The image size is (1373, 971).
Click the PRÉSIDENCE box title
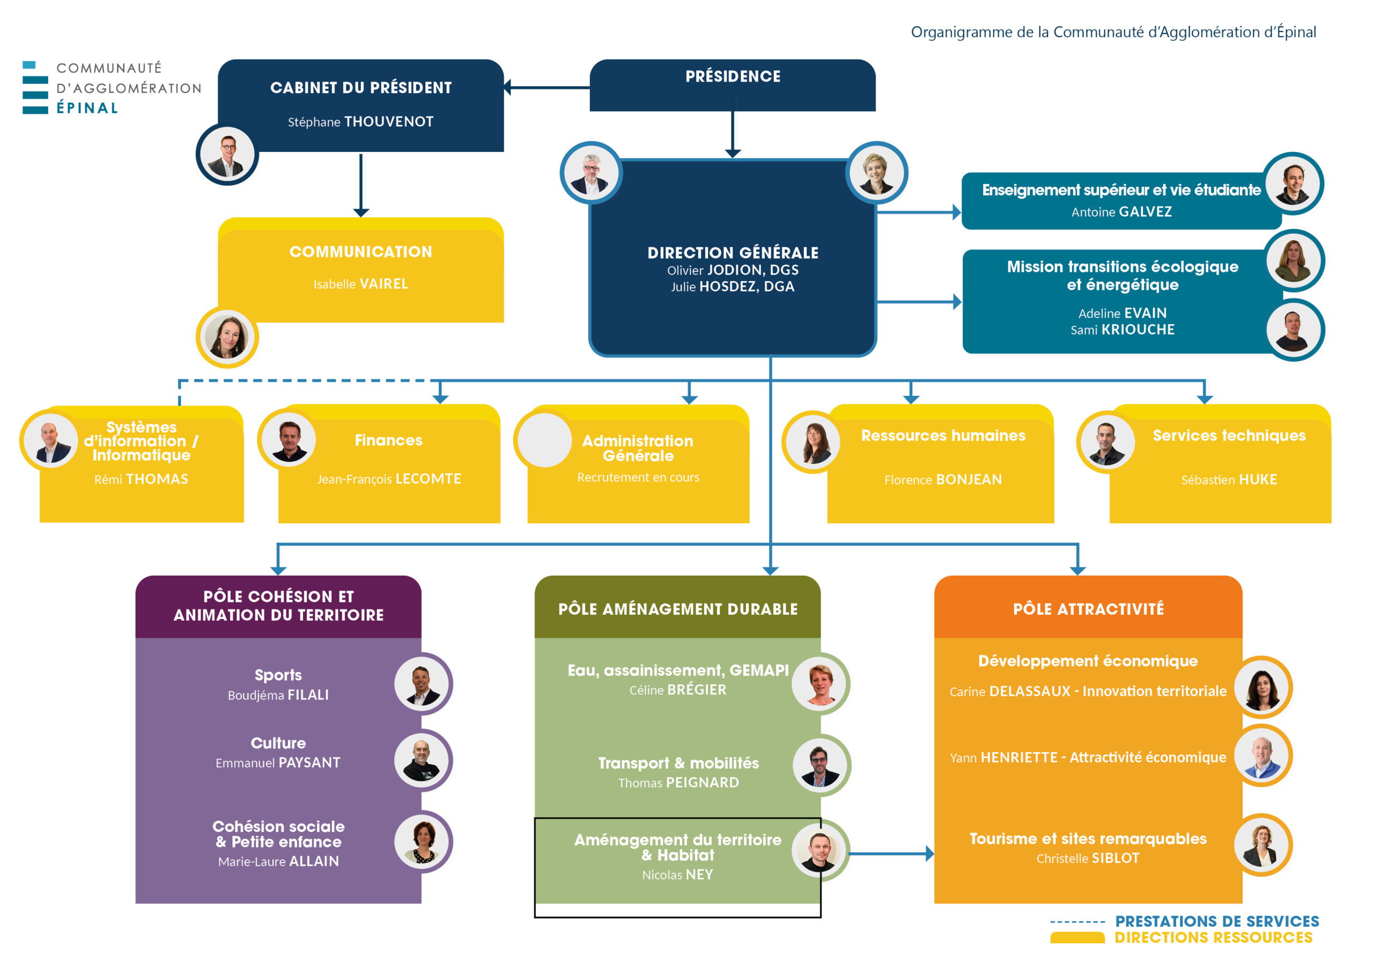click(x=733, y=77)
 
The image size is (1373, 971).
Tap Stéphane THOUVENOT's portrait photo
click(x=227, y=155)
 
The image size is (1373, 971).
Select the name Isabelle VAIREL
click(x=360, y=284)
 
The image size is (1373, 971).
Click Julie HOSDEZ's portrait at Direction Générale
click(x=877, y=172)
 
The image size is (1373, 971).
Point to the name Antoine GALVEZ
click(x=1121, y=212)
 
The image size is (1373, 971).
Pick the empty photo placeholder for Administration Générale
click(x=544, y=440)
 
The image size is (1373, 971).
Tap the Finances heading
click(x=389, y=440)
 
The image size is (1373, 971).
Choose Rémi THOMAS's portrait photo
click(x=50, y=441)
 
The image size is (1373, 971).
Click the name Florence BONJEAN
click(x=943, y=479)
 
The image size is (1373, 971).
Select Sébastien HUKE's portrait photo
click(x=1106, y=442)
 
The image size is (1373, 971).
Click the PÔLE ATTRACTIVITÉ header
click(x=1088, y=609)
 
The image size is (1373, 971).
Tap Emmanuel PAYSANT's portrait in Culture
click(x=422, y=760)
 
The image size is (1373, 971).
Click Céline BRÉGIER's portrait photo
click(x=820, y=683)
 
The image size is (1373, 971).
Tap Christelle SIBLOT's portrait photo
click(x=1263, y=845)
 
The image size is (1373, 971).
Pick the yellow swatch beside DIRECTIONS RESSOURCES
click(x=1077, y=938)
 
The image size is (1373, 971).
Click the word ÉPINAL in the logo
click(x=87, y=108)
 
